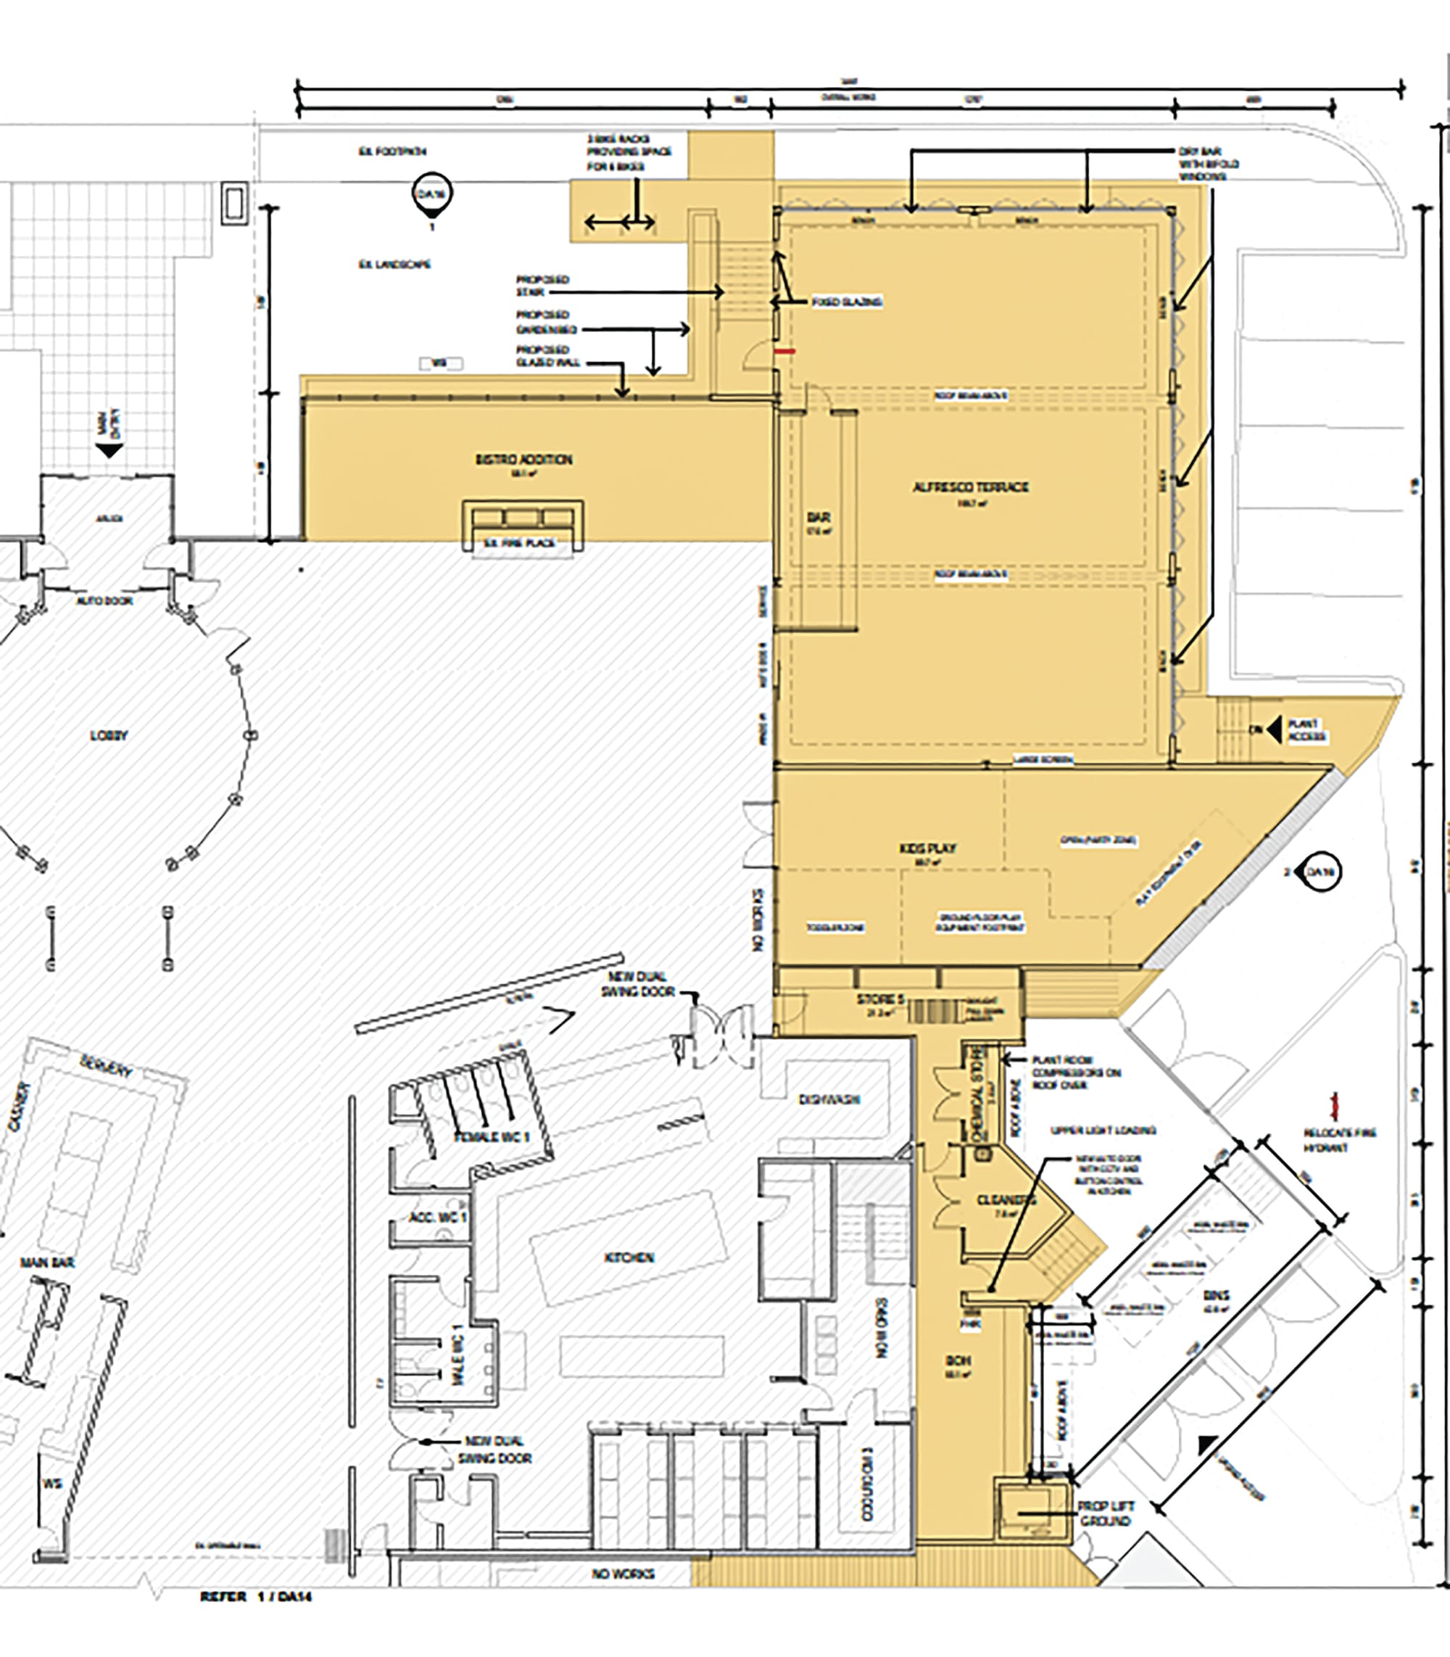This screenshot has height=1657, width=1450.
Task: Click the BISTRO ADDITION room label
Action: (523, 460)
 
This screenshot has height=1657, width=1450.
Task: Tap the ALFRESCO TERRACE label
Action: (970, 487)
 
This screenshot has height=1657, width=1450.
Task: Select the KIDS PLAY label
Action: (927, 848)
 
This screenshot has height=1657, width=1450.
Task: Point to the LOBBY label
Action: (109, 736)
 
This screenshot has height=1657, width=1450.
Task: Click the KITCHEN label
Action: (629, 1258)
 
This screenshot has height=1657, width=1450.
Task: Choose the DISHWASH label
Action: (829, 1099)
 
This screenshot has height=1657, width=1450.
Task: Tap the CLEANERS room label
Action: (1006, 1200)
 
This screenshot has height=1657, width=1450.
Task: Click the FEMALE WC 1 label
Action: (491, 1137)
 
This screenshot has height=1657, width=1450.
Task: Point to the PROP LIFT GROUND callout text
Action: (1106, 1513)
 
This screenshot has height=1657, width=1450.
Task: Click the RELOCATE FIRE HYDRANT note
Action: (1339, 1140)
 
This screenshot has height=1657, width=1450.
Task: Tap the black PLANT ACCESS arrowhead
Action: (1275, 730)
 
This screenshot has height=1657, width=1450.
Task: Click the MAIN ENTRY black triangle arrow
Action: (109, 450)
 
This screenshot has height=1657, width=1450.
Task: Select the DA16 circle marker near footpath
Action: (432, 194)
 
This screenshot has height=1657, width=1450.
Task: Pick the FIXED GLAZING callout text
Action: (846, 302)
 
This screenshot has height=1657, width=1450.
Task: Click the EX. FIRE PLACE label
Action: (518, 543)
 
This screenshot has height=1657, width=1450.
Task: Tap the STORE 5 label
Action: (880, 1000)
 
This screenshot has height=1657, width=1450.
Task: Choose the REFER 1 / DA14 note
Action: (256, 1597)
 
